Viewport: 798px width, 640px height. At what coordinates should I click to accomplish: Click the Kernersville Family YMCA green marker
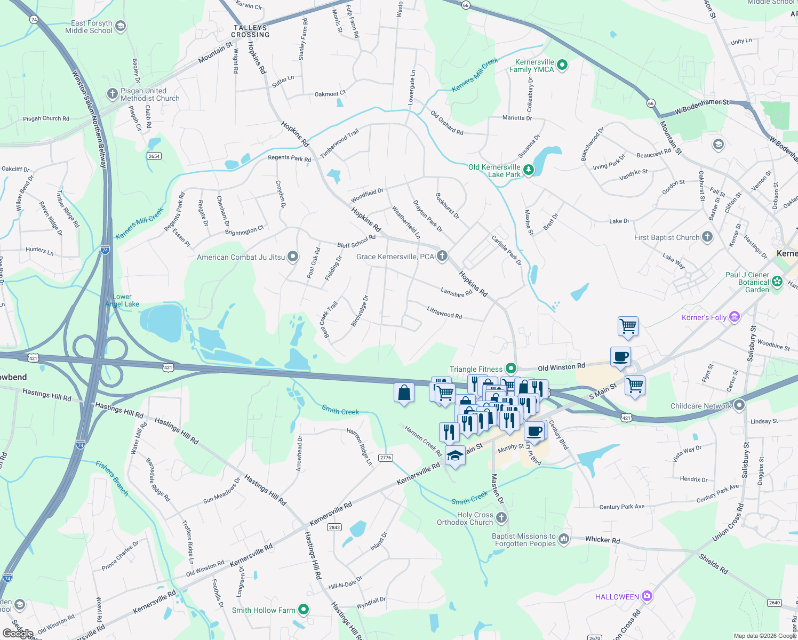(x=562, y=65)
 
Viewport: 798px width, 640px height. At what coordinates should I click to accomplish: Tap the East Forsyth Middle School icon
(x=121, y=26)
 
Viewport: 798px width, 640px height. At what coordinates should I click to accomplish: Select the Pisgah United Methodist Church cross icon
(x=112, y=94)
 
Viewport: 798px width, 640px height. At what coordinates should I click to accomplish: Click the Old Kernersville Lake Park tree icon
(x=528, y=170)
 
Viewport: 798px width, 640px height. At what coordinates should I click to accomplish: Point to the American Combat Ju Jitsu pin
(x=293, y=257)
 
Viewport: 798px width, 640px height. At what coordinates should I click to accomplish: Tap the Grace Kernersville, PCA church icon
(x=442, y=256)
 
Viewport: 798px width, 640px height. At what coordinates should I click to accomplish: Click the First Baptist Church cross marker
(x=707, y=237)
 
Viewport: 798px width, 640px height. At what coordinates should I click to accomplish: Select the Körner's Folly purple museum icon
(x=735, y=317)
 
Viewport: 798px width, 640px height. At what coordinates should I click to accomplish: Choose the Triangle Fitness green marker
(x=511, y=368)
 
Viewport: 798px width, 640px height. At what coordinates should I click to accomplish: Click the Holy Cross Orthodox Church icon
(x=501, y=517)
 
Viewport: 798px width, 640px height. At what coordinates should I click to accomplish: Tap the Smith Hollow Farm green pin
(x=304, y=609)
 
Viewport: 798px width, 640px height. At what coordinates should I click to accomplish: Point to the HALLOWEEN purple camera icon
(x=647, y=596)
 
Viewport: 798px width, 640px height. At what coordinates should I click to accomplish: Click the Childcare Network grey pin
(x=739, y=405)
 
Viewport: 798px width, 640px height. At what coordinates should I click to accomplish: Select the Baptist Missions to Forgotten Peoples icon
(x=564, y=539)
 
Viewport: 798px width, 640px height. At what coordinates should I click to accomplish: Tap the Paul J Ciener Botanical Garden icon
(x=777, y=281)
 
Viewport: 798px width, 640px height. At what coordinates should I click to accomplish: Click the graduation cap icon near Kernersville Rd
(x=454, y=456)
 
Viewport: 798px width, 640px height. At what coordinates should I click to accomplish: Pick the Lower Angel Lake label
(x=122, y=300)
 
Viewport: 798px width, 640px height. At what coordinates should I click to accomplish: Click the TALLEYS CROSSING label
(x=250, y=31)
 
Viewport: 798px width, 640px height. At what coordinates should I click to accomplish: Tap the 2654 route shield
(x=154, y=156)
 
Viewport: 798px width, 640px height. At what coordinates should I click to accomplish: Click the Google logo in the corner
(x=18, y=633)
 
